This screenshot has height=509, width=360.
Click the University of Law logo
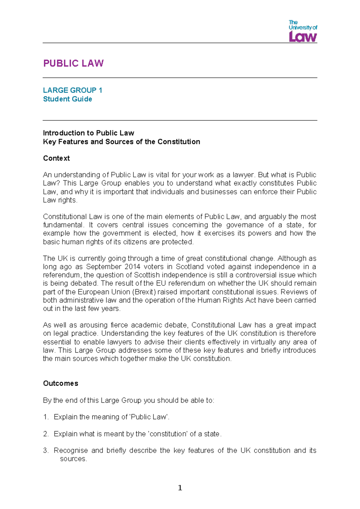[303, 31]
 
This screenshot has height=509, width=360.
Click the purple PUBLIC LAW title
[73, 63]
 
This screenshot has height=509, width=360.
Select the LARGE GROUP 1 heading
[73, 90]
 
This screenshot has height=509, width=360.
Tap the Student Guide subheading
[67, 99]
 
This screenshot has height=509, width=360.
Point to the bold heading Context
[56, 158]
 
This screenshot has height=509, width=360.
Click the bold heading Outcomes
[61, 383]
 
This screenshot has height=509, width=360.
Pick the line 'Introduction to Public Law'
[88, 133]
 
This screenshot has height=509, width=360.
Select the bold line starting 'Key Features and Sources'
[121, 142]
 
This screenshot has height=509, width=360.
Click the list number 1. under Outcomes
[46, 417]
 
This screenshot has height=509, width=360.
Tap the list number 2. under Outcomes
[46, 434]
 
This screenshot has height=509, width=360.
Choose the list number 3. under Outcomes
[46, 450]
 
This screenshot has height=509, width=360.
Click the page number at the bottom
[180, 488]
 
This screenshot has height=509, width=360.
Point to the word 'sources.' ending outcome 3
[73, 459]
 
